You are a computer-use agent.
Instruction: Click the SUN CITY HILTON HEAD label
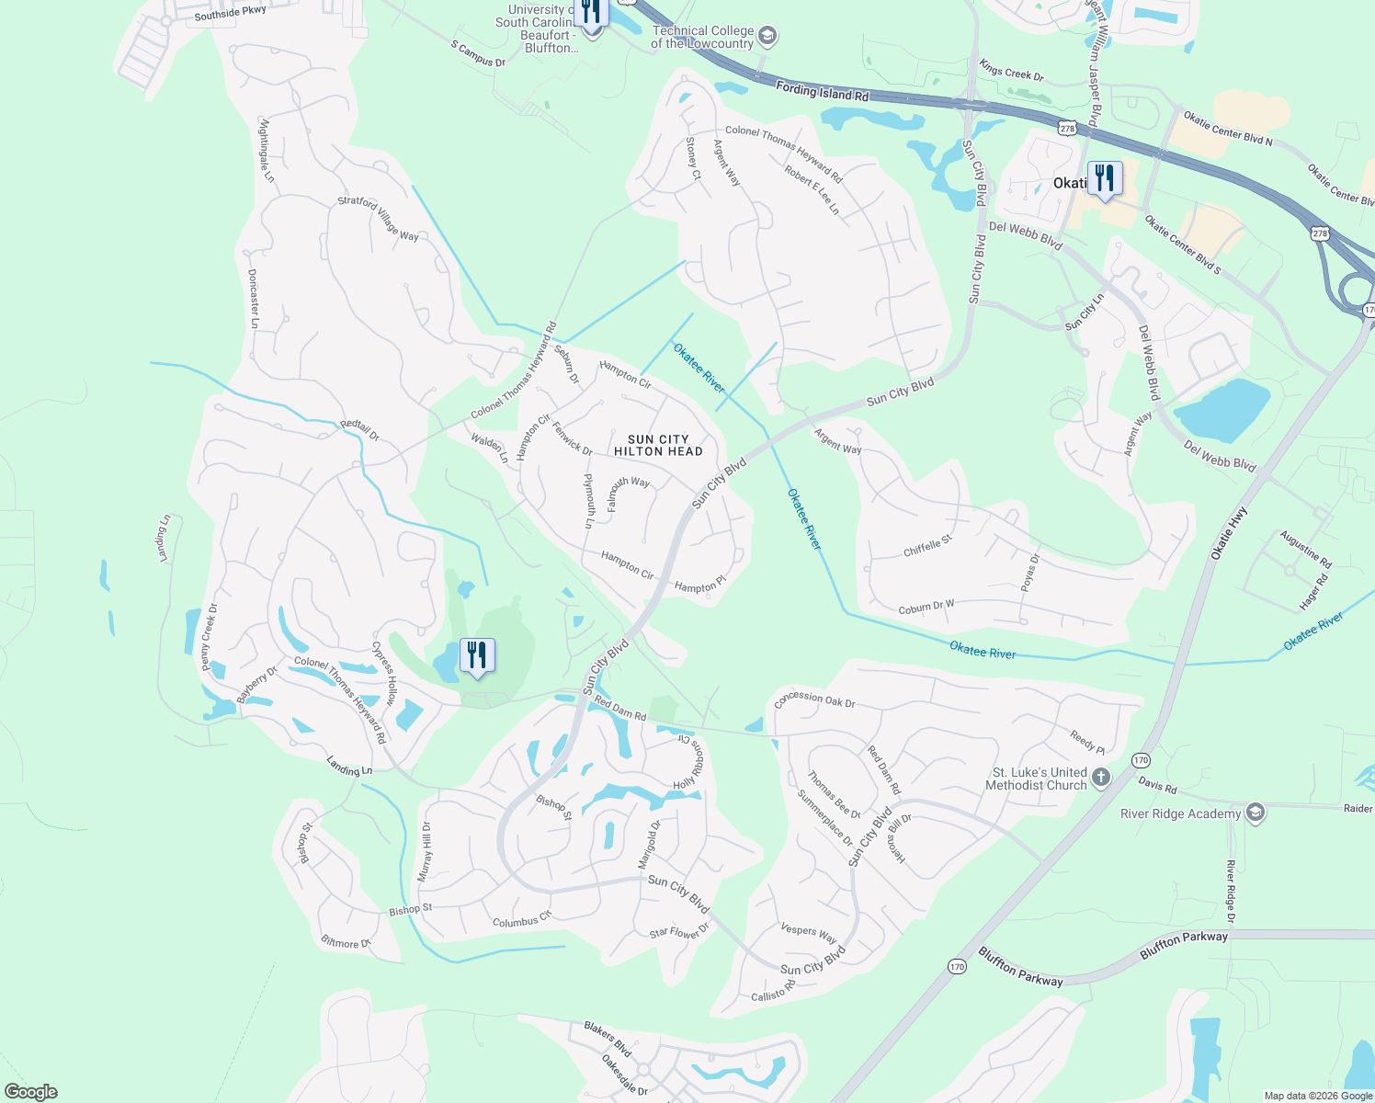click(x=658, y=446)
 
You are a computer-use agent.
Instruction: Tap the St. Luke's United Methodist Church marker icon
click(x=1101, y=779)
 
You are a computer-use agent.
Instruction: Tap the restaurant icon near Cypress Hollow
click(x=477, y=655)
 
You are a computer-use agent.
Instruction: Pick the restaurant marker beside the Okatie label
click(x=1105, y=178)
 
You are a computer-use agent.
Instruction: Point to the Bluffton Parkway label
click(x=1020, y=967)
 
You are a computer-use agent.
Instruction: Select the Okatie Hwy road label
click(x=1229, y=533)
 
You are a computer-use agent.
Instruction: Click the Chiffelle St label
click(x=927, y=546)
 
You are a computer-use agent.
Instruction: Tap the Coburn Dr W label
click(x=926, y=608)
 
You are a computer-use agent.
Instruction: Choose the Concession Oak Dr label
click(x=814, y=699)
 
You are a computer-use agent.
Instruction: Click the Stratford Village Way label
click(x=378, y=218)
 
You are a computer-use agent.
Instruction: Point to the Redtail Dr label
click(x=359, y=430)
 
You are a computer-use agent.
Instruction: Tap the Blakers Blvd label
click(x=608, y=1039)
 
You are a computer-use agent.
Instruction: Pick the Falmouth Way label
click(x=629, y=492)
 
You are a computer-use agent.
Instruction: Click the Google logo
click(x=30, y=1092)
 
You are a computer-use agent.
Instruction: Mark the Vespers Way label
click(x=808, y=933)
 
